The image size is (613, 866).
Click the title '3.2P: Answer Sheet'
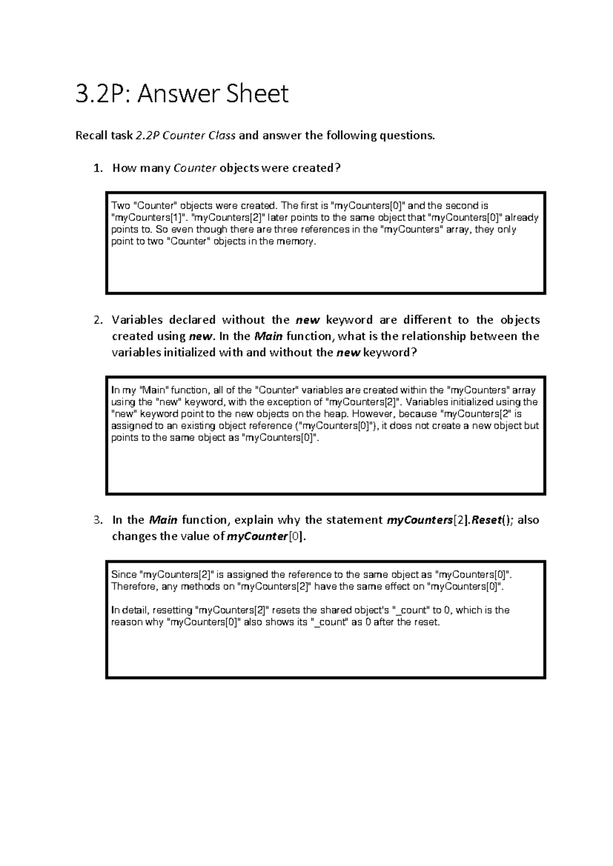pyautogui.click(x=182, y=94)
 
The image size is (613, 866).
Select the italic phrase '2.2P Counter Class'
pyautogui.click(x=185, y=136)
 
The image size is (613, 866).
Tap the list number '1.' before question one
pyautogui.click(x=99, y=169)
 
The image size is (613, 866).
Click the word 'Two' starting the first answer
pyautogui.click(x=121, y=206)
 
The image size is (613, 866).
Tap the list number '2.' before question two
pyautogui.click(x=99, y=320)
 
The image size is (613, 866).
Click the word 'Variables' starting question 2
pyautogui.click(x=137, y=320)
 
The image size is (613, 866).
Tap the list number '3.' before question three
pyautogui.click(x=99, y=520)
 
